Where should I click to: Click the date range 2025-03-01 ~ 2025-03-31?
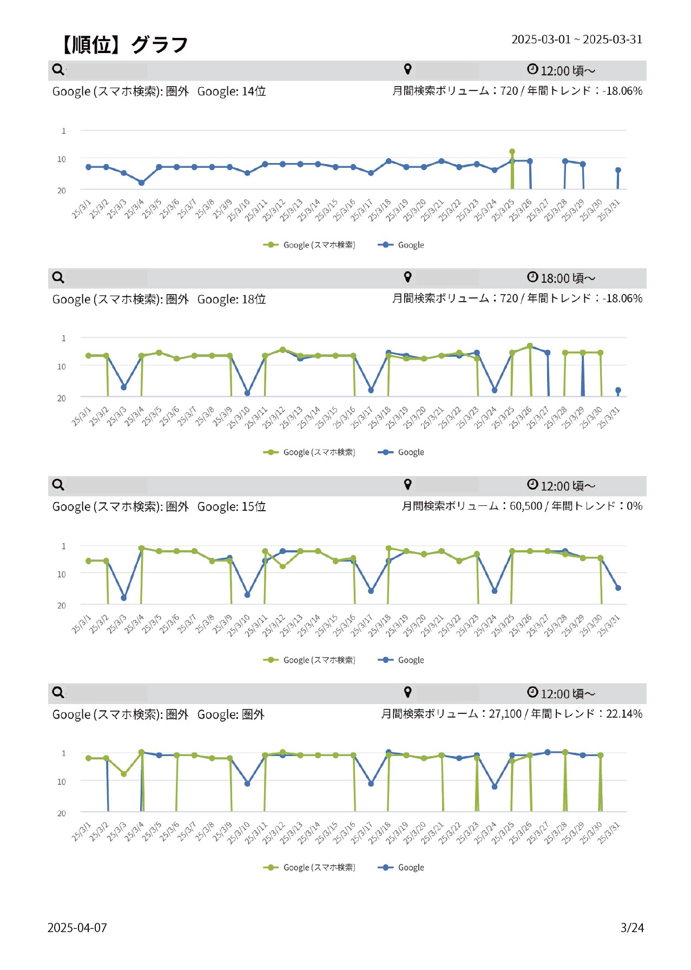(576, 40)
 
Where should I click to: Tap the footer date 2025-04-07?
(77, 927)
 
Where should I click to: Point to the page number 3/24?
(631, 927)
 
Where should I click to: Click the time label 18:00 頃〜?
(568, 278)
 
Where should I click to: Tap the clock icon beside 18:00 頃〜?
(532, 277)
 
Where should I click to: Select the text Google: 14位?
(232, 92)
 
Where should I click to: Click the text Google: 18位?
(232, 300)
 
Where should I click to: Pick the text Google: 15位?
(232, 507)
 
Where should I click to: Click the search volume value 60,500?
(525, 506)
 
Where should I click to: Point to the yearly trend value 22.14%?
(624, 714)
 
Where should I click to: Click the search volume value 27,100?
(505, 714)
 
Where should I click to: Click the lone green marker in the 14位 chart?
(512, 152)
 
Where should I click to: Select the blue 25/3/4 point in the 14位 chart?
(141, 183)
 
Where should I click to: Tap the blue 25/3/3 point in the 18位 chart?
(123, 387)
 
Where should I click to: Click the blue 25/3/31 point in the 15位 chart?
(618, 588)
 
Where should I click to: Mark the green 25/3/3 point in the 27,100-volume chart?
(123, 774)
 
